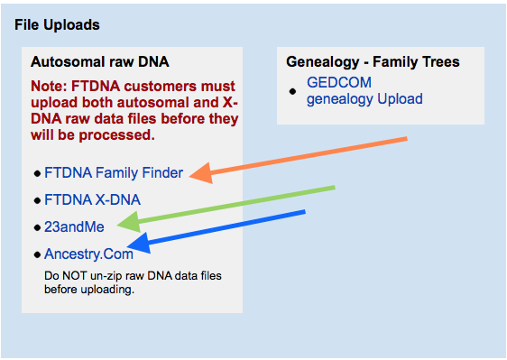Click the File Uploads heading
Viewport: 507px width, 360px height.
tap(57, 24)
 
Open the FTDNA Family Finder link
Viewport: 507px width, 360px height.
tap(113, 172)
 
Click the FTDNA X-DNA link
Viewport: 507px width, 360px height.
tap(92, 199)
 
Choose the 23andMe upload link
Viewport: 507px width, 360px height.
tap(69, 226)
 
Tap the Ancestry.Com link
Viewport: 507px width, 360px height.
tap(88, 254)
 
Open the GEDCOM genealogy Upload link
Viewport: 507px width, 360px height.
tap(364, 90)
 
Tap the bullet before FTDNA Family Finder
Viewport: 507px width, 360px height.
tap(37, 173)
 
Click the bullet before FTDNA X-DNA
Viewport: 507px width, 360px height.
tap(37, 200)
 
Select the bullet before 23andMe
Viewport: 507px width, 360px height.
tap(37, 227)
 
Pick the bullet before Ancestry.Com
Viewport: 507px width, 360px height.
tap(37, 254)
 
